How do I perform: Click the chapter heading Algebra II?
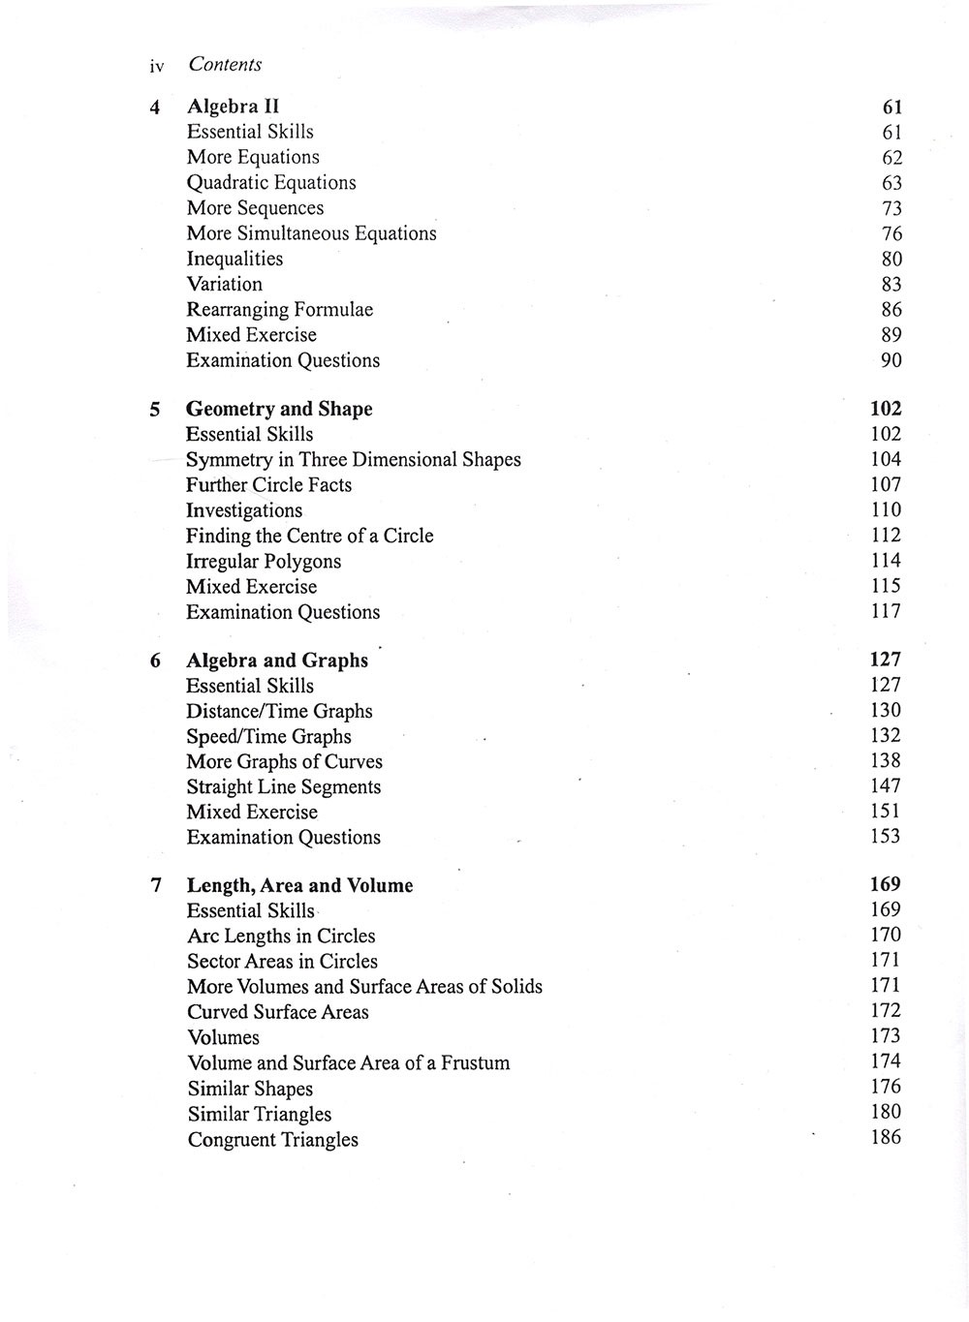233,107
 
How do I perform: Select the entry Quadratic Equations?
271,183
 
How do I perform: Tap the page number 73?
891,208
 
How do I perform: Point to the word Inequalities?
234,259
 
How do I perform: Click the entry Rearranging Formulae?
279,310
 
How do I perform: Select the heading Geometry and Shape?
279,410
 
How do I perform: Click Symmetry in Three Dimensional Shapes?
353,460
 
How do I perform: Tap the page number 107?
886,485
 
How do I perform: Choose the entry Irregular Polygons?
264,562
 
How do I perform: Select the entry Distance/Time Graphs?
279,712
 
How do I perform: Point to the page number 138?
886,761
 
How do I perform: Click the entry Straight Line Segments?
283,787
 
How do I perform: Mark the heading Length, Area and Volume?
299,886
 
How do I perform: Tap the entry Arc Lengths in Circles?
281,937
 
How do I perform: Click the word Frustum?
475,1063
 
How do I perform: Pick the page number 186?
886,1137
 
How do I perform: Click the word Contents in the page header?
225,65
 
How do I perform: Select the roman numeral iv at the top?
157,67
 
